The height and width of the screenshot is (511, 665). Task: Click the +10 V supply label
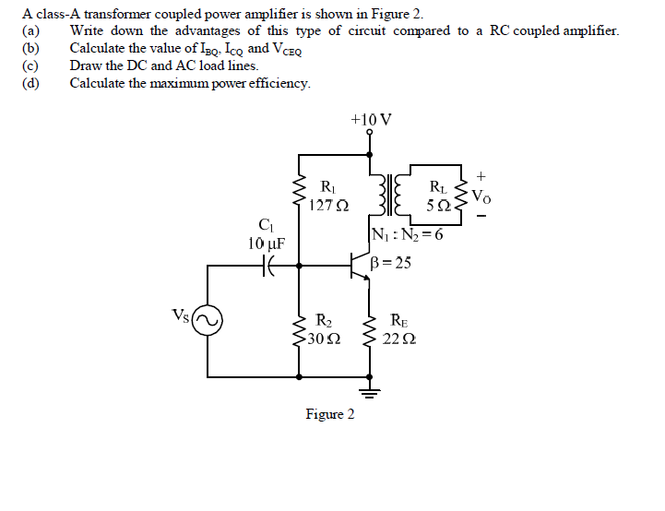pos(371,120)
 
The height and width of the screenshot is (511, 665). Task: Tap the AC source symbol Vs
pos(208,321)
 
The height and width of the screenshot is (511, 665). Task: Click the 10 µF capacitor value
pos(267,244)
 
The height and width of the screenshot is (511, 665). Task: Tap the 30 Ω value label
pos(325,339)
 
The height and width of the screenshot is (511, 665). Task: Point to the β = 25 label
pos(390,263)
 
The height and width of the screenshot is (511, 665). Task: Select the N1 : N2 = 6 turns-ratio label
pos(407,233)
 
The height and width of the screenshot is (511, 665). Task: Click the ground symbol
pos(371,394)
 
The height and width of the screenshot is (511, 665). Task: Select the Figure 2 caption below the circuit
pos(330,414)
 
